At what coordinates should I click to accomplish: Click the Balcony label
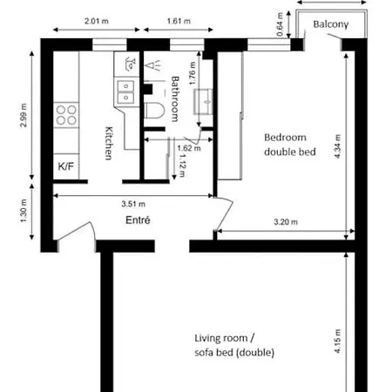pos(331,25)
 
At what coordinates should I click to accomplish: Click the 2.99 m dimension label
pos(24,113)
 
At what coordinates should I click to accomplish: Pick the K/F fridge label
pos(66,166)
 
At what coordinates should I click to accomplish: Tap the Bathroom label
pos(175,98)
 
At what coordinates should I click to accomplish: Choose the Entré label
pos(138,221)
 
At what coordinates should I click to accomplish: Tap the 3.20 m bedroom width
pos(285,222)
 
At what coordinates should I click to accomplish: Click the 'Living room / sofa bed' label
pos(234,345)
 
